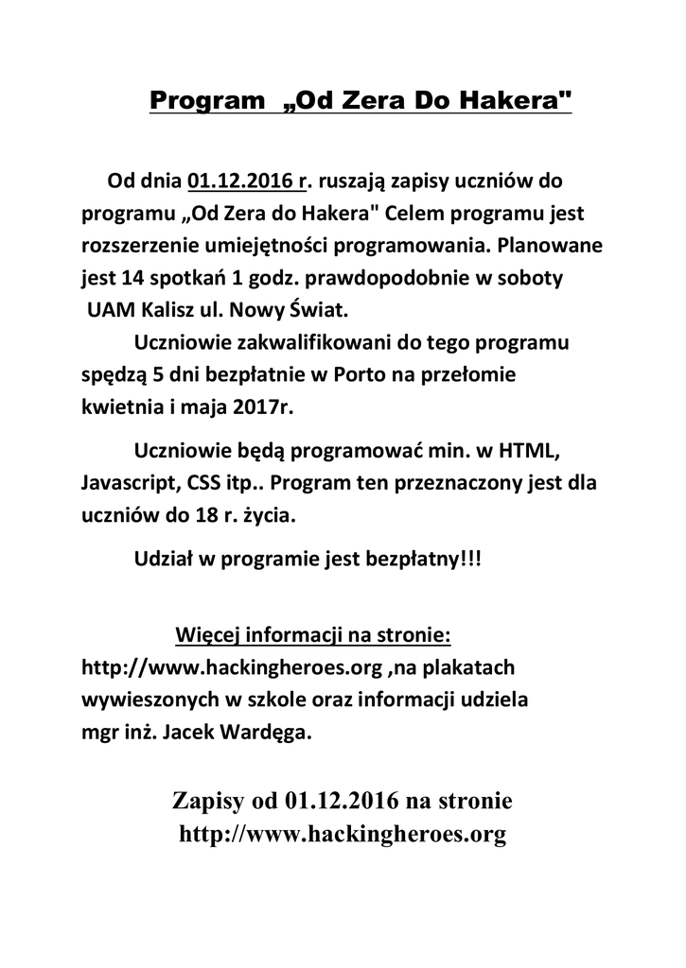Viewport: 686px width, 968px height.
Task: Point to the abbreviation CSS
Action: [x=202, y=481]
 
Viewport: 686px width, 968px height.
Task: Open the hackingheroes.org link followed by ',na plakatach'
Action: [x=233, y=667]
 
